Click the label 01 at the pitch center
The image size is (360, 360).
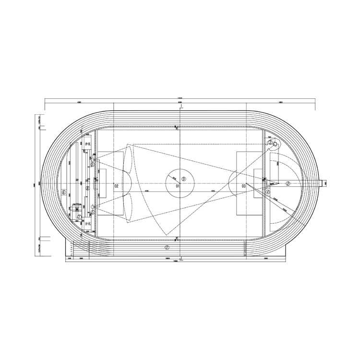click(x=177, y=185)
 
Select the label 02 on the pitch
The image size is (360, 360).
click(x=115, y=185)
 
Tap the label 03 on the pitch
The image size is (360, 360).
click(x=244, y=185)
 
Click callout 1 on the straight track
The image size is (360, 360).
click(x=167, y=248)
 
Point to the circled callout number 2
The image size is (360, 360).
click(x=288, y=183)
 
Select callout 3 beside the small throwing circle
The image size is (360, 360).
click(x=270, y=143)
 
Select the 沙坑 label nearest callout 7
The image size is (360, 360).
click(x=87, y=224)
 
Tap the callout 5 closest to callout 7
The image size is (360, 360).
click(x=92, y=212)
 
